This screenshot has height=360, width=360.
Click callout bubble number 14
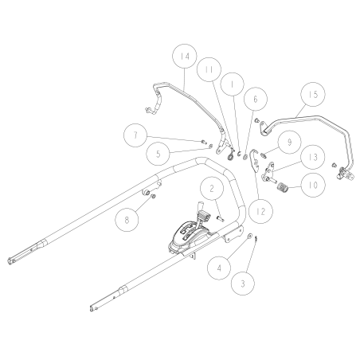pos(186,58)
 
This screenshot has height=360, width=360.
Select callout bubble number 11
pos(209,71)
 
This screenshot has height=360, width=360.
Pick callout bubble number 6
pos(254,99)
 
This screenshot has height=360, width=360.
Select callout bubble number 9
pos(289,141)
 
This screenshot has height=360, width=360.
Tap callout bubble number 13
pos(289,158)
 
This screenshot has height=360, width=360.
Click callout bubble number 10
pos(311,186)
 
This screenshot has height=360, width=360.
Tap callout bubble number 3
pos(244,283)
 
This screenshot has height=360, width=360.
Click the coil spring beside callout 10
pos(283,189)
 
